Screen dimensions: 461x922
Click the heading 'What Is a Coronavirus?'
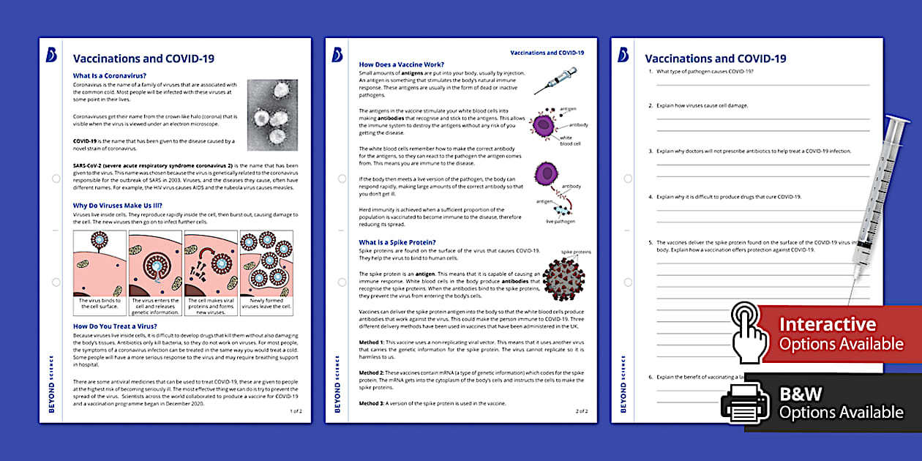109,75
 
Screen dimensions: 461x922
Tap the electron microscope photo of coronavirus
272,113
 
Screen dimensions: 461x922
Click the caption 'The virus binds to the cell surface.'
100,304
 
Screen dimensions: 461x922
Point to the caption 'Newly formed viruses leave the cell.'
267,304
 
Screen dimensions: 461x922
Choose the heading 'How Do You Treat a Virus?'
115,326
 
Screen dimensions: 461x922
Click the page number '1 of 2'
296,411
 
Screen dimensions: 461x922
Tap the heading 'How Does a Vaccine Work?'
401,64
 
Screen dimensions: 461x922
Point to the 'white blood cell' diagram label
570,141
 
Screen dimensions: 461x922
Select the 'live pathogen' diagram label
561,221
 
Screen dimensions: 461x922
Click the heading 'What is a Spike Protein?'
397,242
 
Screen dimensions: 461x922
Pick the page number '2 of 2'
581,411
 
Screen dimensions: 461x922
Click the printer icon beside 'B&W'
744,402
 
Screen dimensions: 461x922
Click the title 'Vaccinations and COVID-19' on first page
143,59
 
